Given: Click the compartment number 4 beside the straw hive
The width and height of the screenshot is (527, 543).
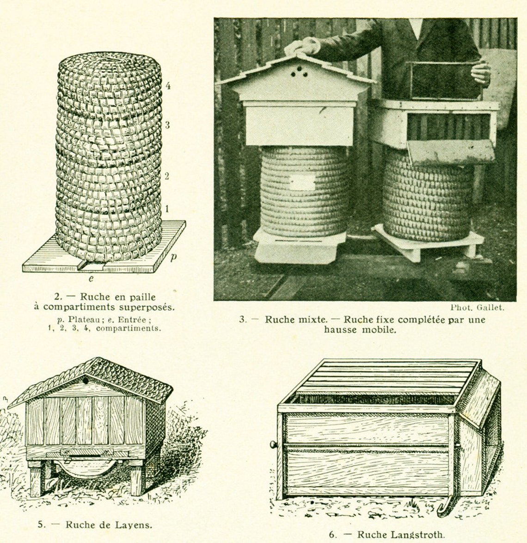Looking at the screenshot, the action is pos(168,86).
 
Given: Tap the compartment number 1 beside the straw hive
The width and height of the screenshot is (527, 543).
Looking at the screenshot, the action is pos(167,209).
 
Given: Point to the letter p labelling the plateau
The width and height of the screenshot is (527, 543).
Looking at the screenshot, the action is pos(173,257).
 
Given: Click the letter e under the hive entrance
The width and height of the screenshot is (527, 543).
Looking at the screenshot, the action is pos(91,278).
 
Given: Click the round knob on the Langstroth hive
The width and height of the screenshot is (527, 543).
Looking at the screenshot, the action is pos(273,444).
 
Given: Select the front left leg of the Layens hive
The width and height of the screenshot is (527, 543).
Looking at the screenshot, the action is pos(35,482).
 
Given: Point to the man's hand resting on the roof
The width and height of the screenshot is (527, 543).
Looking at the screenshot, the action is pos(301,46).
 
